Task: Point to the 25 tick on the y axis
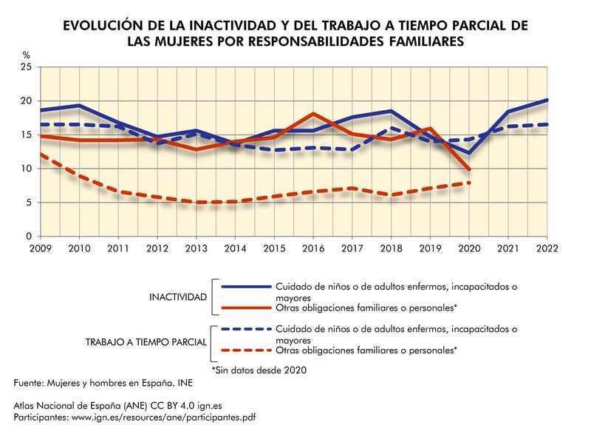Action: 26,67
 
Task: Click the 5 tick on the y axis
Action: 28,203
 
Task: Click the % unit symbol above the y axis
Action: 26,55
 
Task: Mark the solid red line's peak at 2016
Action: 314,114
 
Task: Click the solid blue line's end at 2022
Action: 547,100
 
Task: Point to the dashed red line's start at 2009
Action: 40,154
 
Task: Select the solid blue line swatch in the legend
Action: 242,286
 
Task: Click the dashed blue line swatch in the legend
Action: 242,329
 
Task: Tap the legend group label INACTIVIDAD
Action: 177,296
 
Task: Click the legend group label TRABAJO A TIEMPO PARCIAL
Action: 146,343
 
